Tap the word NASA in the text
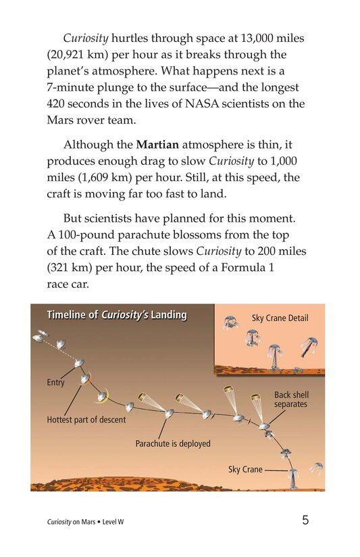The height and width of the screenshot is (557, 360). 210,103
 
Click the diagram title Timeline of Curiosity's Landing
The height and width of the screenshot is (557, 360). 116,315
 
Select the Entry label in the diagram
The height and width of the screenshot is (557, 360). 55,383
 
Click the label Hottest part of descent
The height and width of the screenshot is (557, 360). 86,420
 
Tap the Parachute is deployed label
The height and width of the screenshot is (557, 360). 173,443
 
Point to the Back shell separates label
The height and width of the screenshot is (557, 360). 290,399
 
